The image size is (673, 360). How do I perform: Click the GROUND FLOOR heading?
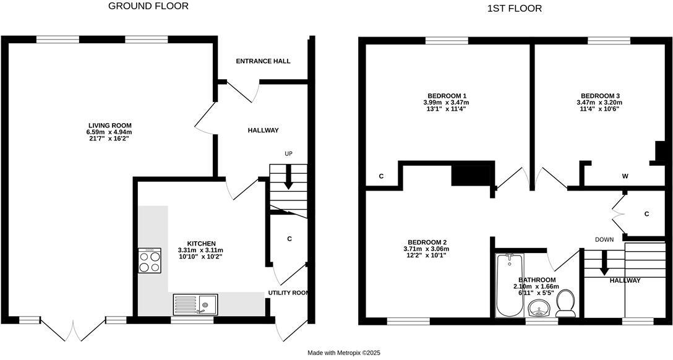click(148, 6)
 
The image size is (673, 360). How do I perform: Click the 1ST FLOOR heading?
click(515, 9)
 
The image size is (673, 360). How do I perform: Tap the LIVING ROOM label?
click(109, 125)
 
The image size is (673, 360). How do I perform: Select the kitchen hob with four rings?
click(149, 260)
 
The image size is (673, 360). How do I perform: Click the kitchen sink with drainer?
click(195, 304)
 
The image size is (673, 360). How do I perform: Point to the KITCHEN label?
click(202, 243)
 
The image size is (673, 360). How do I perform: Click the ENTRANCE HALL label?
click(263, 61)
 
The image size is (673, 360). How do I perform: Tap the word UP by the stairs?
click(288, 153)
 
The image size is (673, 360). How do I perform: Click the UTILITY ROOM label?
click(288, 293)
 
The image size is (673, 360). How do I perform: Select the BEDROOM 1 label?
click(445, 95)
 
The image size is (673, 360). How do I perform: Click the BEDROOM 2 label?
click(427, 242)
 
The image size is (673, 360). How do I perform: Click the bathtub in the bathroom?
click(510, 284)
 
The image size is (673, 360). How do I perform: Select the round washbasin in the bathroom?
click(542, 307)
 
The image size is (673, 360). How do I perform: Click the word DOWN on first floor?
click(604, 239)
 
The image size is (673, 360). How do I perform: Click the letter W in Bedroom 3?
click(625, 176)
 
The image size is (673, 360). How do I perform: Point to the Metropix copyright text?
click(344, 353)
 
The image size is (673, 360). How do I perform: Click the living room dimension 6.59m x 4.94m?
click(109, 132)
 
